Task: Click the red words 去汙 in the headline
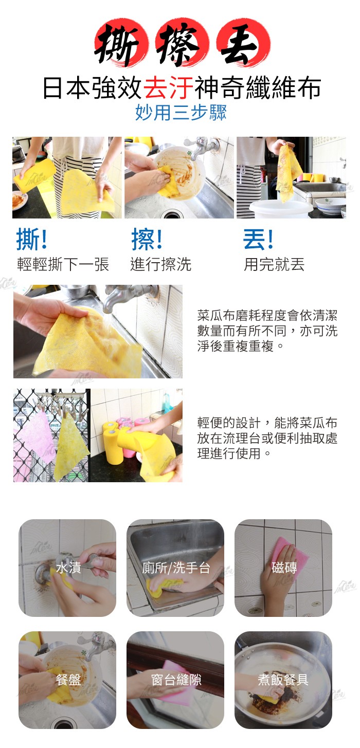pyautogui.click(x=169, y=88)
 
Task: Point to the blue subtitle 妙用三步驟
pyautogui.click(x=181, y=112)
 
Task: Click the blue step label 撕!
pyautogui.click(x=32, y=239)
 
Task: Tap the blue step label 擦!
pyautogui.click(x=147, y=239)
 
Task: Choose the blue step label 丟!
pyautogui.click(x=258, y=239)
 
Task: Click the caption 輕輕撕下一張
pyautogui.click(x=63, y=264)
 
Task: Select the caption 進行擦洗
pyautogui.click(x=160, y=264)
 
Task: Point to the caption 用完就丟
pyautogui.click(x=274, y=264)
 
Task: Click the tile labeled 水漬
pyautogui.click(x=67, y=568)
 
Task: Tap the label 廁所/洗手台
pyautogui.click(x=176, y=568)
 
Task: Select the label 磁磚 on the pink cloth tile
pyautogui.click(x=284, y=568)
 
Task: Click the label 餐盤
pyautogui.click(x=68, y=680)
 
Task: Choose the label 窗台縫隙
pyautogui.click(x=176, y=680)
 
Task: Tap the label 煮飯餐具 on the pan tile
pyautogui.click(x=283, y=680)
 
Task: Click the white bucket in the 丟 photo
pyautogui.click(x=280, y=209)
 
